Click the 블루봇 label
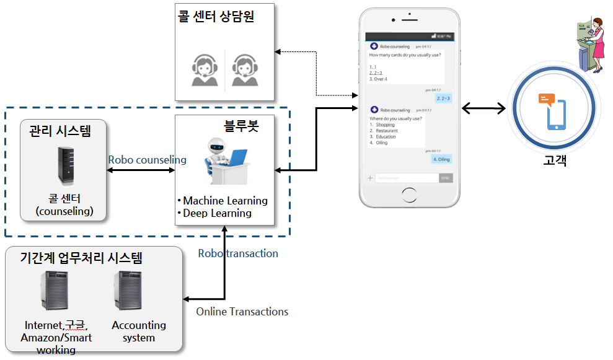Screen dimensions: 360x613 (x=240, y=126)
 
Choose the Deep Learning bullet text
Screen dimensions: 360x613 (x=216, y=213)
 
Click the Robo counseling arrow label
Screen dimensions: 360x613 (x=147, y=160)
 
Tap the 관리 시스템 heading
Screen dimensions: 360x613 (x=60, y=131)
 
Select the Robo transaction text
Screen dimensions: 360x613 (x=238, y=253)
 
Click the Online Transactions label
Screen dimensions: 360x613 (x=242, y=312)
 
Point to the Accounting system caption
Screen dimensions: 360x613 (x=139, y=331)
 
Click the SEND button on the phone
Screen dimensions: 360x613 (x=445, y=178)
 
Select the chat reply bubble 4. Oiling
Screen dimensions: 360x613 (x=441, y=159)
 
